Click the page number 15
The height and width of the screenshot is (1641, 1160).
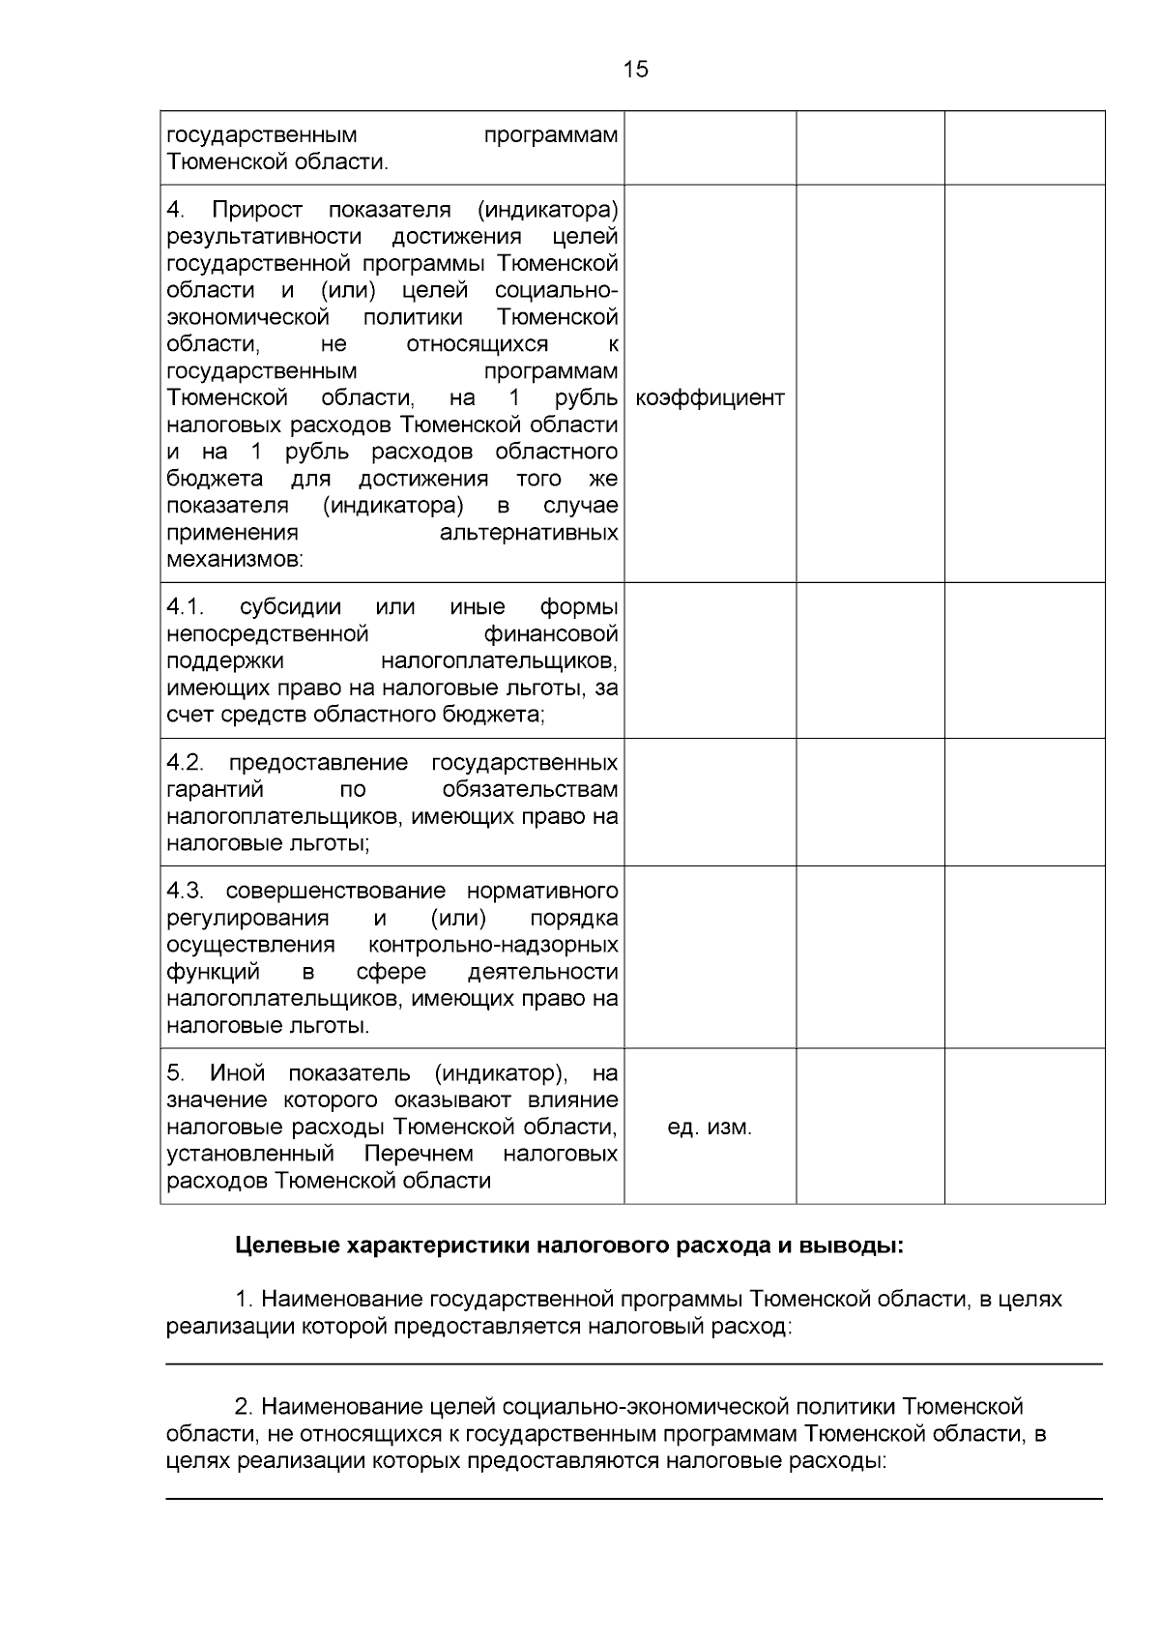coord(636,70)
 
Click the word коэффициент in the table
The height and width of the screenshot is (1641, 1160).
coord(710,398)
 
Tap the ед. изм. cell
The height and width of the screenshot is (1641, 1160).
coord(710,1128)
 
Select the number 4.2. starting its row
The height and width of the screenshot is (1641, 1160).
coord(186,763)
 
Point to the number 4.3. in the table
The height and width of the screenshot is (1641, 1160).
coord(186,891)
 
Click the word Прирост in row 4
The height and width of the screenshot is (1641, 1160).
coord(257,210)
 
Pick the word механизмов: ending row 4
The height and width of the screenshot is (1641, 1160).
coord(235,560)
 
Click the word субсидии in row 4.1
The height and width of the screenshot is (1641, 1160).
coord(290,607)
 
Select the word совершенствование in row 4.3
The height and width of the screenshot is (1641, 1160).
coord(335,891)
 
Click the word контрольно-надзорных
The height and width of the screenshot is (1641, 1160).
coord(493,945)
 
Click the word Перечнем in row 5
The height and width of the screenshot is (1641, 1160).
coord(419,1155)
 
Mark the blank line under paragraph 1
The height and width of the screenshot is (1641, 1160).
coord(634,1364)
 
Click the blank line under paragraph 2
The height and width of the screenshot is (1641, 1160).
coord(634,1499)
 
